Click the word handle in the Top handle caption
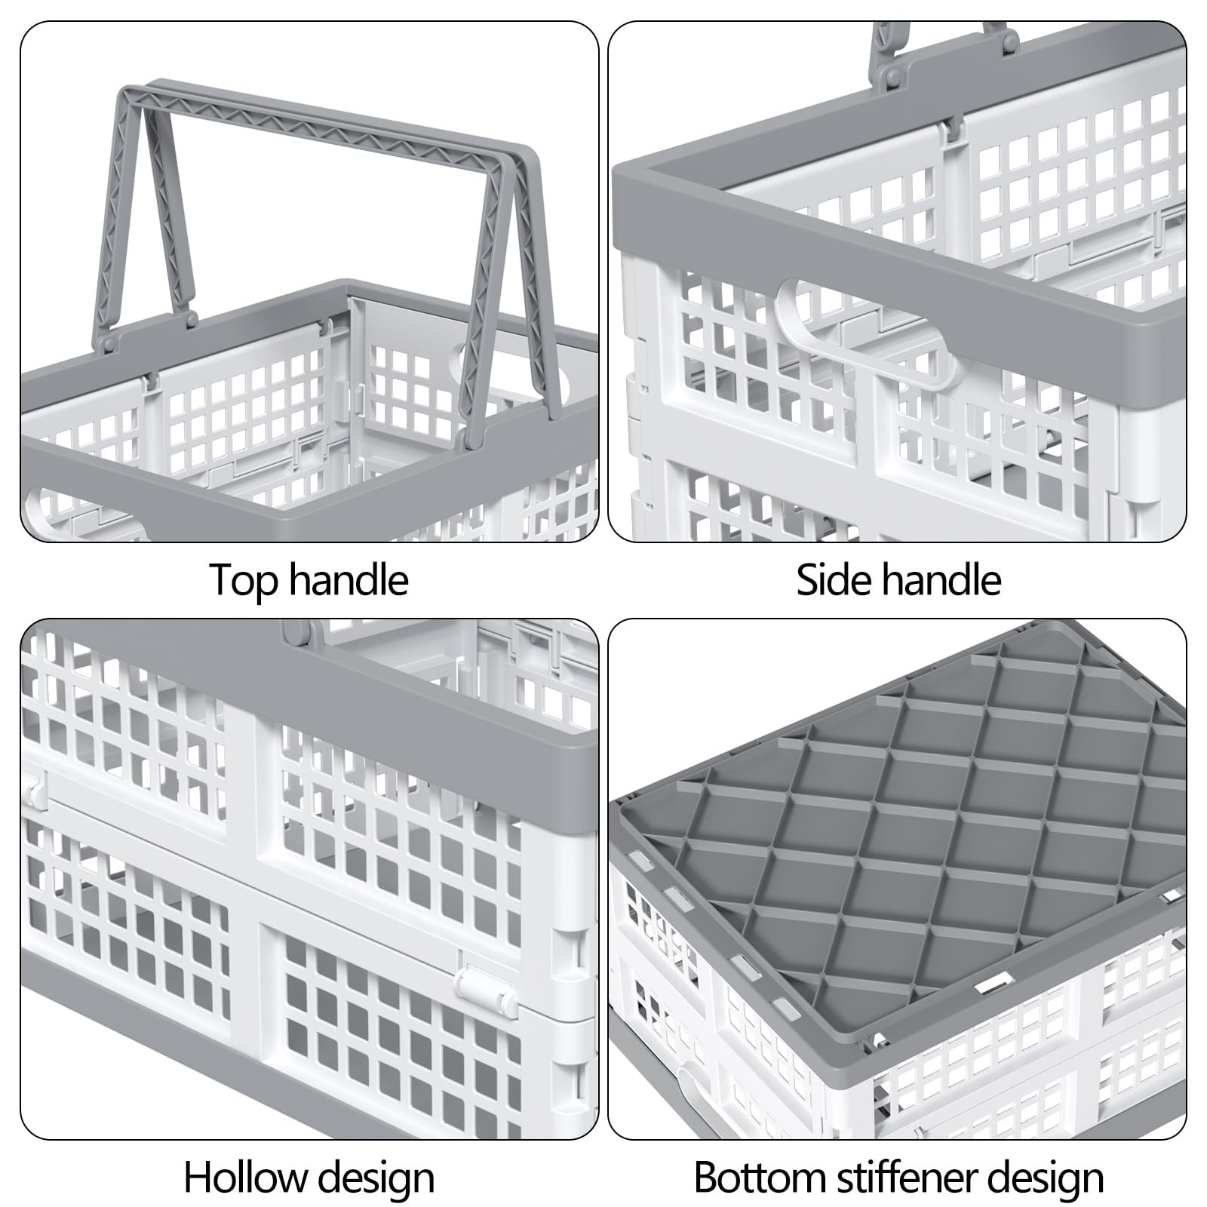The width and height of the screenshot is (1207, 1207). point(348,579)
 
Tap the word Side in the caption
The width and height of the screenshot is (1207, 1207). point(832,579)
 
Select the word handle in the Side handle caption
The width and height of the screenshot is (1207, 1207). point(941,579)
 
